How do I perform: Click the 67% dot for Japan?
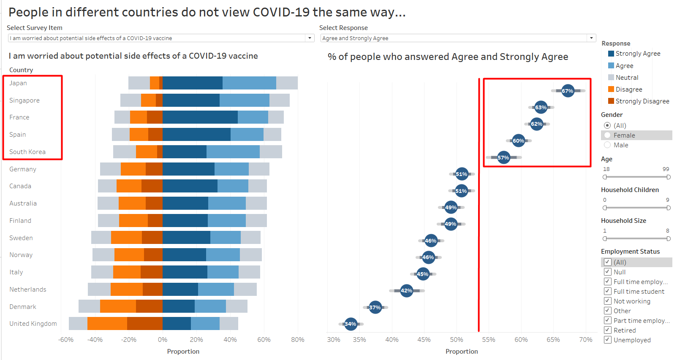(x=568, y=91)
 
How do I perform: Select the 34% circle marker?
(x=351, y=324)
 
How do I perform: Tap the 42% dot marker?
(x=406, y=290)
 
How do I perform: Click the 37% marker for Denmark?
(x=375, y=307)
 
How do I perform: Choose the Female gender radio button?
(x=607, y=135)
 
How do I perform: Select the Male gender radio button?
(x=607, y=145)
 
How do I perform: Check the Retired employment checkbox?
(x=608, y=330)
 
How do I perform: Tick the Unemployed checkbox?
(x=608, y=340)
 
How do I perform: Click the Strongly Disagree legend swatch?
(x=611, y=101)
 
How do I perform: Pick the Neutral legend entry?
(x=627, y=77)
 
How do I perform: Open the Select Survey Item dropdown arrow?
(x=310, y=38)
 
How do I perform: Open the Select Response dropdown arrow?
(x=591, y=38)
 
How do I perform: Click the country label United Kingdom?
(x=33, y=324)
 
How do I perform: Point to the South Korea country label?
(x=27, y=152)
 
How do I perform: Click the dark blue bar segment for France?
(x=200, y=117)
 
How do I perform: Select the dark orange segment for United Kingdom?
(x=144, y=323)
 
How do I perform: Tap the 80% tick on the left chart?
(x=298, y=340)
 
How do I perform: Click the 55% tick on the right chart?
(x=489, y=340)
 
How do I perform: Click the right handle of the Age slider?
(x=669, y=177)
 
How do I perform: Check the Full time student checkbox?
(x=608, y=291)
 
